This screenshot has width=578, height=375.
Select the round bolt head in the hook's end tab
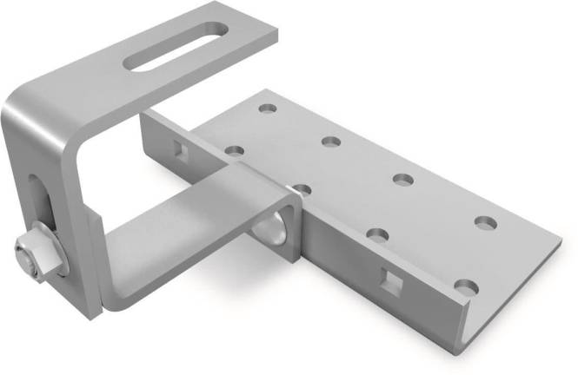[x=270, y=225]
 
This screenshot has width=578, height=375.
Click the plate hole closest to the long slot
[x=267, y=109]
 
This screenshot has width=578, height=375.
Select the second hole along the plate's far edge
[x=329, y=141]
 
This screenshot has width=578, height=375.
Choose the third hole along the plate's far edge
[x=402, y=180]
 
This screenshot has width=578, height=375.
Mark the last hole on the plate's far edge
[x=485, y=222]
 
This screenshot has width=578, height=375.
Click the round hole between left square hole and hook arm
[x=234, y=150]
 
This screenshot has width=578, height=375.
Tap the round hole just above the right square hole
[x=377, y=234]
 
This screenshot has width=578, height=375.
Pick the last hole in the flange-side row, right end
[x=465, y=286]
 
